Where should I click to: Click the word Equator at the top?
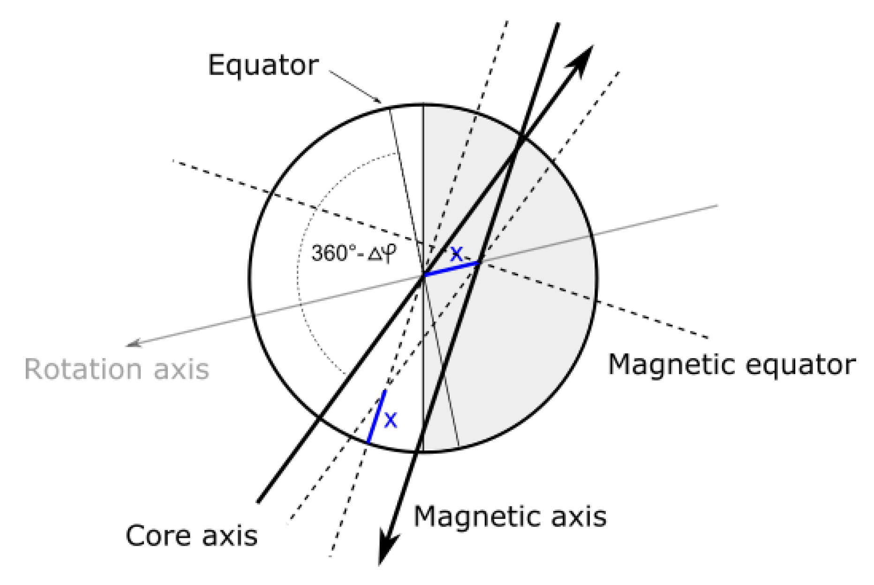263,65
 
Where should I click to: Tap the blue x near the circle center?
456,254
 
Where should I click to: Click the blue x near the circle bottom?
391,420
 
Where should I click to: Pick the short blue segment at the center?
451,269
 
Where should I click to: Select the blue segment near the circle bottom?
376,417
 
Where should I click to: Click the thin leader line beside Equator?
354,86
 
